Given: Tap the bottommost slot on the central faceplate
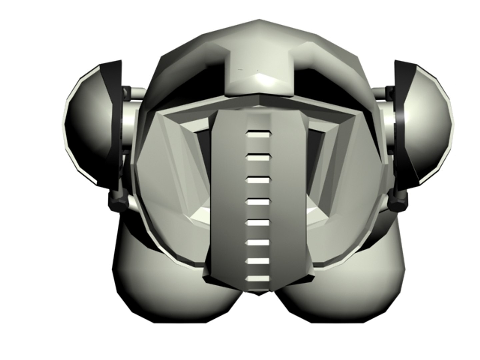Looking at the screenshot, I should [257, 278].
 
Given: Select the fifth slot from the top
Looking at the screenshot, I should [257, 223].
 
